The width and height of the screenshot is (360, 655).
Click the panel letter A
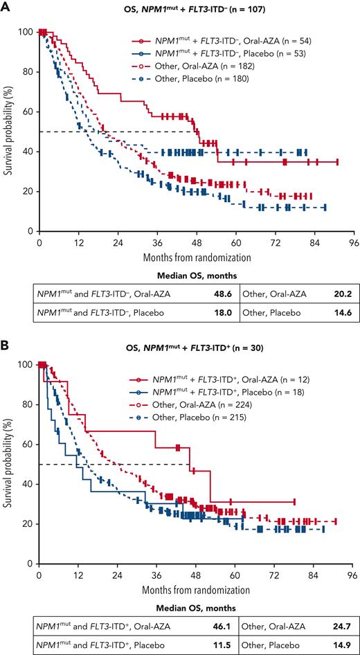click(6, 7)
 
